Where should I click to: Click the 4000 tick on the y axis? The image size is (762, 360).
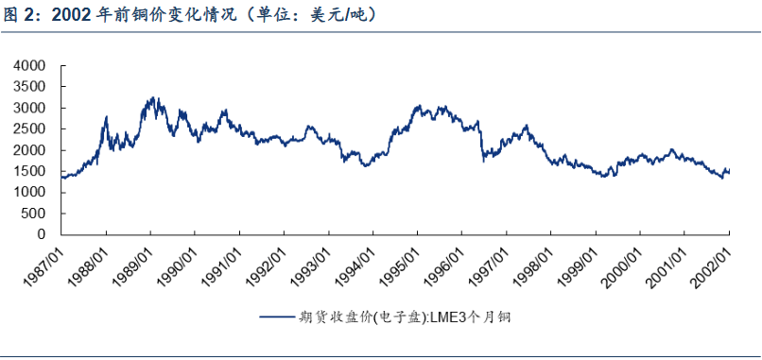coord(31,65)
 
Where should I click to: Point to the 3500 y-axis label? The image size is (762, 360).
coord(31,87)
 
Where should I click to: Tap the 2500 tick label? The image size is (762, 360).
coord(31,129)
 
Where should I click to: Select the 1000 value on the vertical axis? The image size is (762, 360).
coord(31,193)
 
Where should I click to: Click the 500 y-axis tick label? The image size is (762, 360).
coord(35,214)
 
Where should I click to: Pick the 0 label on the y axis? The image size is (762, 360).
coord(42,234)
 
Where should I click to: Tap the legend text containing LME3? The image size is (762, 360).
coord(405,317)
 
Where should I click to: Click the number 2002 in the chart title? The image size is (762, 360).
coord(72,15)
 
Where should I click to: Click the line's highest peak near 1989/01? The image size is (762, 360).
coord(152,97)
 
